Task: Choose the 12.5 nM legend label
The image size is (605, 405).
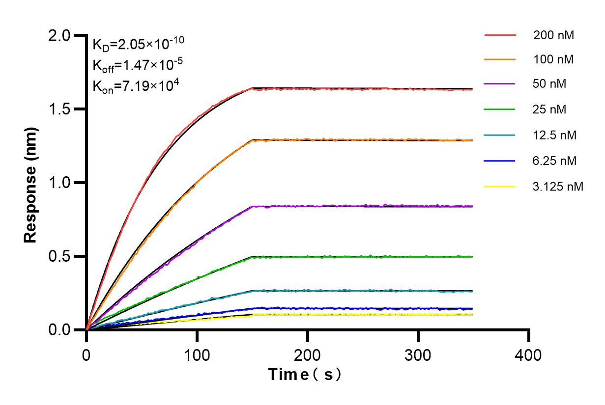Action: tap(555, 135)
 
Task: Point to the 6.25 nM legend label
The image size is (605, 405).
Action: tap(555, 161)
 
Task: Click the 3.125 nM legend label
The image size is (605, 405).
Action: tap(558, 187)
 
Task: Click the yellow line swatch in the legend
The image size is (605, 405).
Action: tap(500, 187)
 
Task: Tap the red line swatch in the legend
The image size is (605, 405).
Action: tap(500, 35)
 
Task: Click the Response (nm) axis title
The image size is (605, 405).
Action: tap(30, 183)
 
